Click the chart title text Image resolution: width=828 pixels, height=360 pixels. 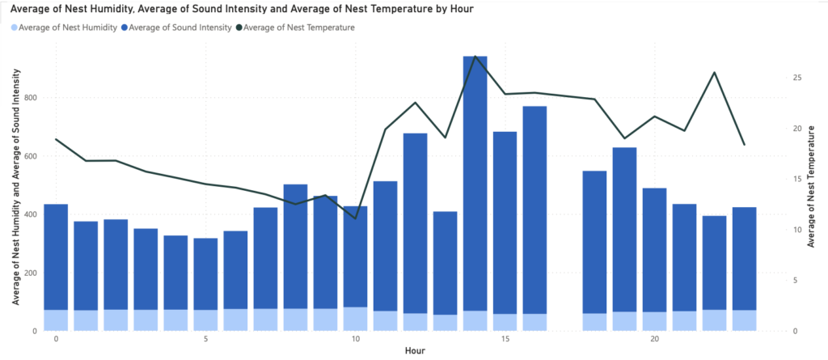click(x=243, y=9)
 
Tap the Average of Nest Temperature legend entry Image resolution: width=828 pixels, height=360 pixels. click(x=298, y=28)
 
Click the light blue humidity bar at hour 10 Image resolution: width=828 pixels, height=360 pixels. click(x=355, y=319)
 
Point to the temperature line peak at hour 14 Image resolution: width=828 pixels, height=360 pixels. click(x=475, y=57)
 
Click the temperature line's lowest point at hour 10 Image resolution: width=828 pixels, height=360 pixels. click(x=355, y=218)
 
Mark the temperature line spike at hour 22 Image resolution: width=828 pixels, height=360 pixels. click(x=714, y=73)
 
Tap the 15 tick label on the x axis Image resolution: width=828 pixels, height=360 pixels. click(x=505, y=339)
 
